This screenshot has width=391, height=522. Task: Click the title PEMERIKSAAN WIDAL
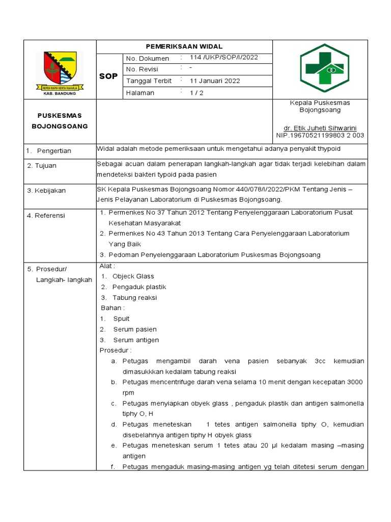[185, 46]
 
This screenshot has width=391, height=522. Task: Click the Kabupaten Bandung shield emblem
[60, 67]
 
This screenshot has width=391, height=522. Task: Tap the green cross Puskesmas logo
[324, 68]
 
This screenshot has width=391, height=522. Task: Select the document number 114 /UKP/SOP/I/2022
[224, 58]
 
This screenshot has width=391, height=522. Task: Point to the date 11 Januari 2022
[215, 81]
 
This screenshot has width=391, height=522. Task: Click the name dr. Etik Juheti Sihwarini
[320, 127]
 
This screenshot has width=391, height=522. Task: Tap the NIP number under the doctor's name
[320, 135]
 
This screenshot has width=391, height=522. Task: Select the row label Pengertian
[54, 151]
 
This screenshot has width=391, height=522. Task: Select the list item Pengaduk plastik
[139, 287]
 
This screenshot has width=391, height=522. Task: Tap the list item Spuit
[121, 319]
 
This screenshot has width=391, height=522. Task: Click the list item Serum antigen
[136, 340]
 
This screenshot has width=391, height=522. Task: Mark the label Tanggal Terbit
[149, 81]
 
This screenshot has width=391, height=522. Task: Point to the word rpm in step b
[128, 393]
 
